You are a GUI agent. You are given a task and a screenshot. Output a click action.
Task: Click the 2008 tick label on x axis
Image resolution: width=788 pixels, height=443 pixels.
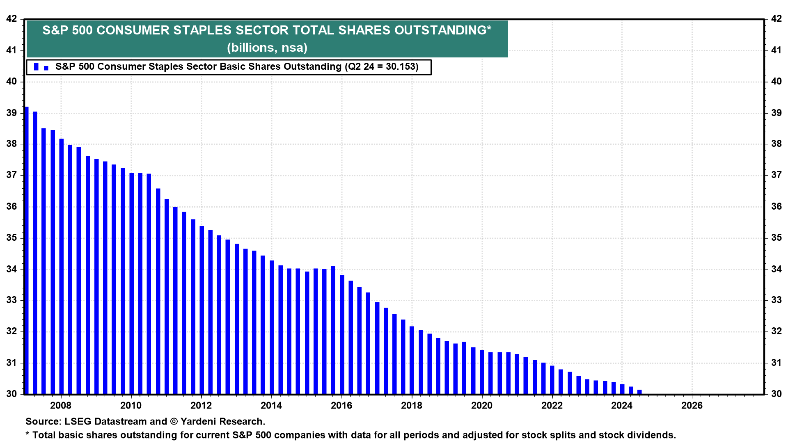pyautogui.click(x=60, y=406)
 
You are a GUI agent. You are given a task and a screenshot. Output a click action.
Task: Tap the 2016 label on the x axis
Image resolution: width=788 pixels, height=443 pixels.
pyautogui.click(x=341, y=406)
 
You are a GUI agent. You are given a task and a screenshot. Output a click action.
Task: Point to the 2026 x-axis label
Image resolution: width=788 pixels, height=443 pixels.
pyautogui.click(x=692, y=406)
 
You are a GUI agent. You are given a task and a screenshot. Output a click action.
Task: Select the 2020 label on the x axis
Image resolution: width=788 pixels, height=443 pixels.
pyautogui.click(x=481, y=406)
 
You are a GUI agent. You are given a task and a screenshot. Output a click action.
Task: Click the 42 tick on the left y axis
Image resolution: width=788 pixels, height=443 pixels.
pyautogui.click(x=12, y=19)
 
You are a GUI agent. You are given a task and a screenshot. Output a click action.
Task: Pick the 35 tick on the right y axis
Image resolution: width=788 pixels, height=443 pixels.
pyautogui.click(x=776, y=238)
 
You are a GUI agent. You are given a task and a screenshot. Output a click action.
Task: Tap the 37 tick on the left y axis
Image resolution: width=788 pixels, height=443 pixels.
pyautogui.click(x=12, y=175)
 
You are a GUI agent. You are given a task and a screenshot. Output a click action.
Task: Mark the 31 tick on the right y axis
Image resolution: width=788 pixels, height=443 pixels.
pyautogui.click(x=776, y=363)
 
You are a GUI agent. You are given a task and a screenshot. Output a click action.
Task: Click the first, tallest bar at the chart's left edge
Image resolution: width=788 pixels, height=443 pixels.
pyautogui.click(x=27, y=250)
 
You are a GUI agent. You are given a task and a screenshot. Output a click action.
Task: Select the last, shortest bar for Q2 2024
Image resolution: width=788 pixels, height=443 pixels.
pyautogui.click(x=639, y=392)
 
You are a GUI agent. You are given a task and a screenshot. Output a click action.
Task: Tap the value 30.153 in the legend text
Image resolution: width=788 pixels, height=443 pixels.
pyautogui.click(x=401, y=67)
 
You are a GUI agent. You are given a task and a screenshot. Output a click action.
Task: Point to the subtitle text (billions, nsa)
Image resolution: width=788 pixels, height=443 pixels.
pyautogui.click(x=267, y=48)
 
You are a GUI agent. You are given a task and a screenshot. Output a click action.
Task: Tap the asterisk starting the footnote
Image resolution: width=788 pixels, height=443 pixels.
pyautogui.click(x=27, y=434)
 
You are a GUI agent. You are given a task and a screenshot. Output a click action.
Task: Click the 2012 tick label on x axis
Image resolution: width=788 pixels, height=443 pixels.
pyautogui.click(x=201, y=406)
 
